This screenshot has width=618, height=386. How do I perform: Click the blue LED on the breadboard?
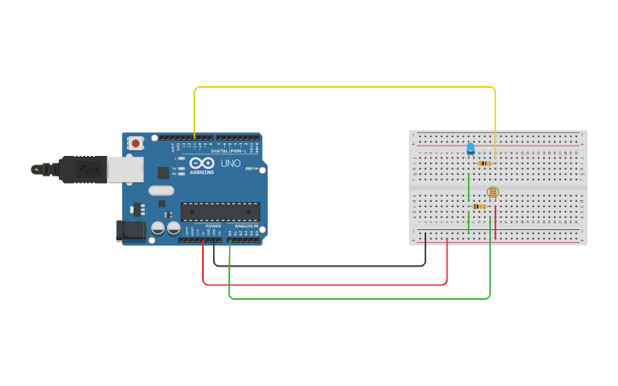tap(471, 149)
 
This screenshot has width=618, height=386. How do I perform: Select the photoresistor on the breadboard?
tap(492, 193)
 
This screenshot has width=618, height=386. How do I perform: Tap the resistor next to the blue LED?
tap(484, 163)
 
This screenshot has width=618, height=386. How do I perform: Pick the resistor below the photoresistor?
tap(479, 206)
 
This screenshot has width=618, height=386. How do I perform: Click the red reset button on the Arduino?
tap(135, 145)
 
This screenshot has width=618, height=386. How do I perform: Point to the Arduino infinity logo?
tap(202, 163)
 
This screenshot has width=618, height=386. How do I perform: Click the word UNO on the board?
tap(230, 163)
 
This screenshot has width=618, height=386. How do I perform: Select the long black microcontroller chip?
tap(220, 211)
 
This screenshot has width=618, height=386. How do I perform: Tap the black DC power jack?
tap(130, 229)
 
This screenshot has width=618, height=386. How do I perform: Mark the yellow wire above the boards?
tap(341, 87)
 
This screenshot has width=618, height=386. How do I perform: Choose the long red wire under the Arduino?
tap(324, 285)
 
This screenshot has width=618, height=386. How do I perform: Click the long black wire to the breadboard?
tap(324, 266)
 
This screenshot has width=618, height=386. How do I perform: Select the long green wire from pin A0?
tap(358, 299)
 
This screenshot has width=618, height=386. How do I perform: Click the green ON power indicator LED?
tap(248, 169)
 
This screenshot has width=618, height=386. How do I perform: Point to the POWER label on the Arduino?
tap(213, 226)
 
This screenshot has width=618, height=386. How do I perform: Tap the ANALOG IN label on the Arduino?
tap(246, 226)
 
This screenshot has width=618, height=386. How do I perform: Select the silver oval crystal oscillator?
tap(161, 191)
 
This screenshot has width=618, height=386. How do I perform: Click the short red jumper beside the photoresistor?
tap(495, 217)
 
